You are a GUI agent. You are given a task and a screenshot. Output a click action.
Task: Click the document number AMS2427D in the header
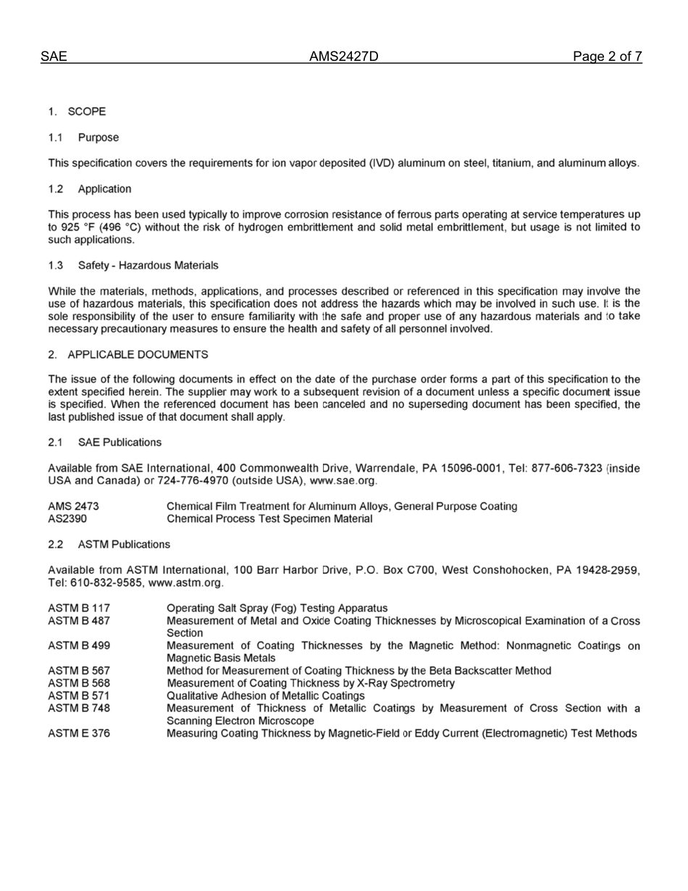tap(343, 57)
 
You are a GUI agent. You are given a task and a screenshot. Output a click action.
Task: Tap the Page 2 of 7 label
tap(607, 57)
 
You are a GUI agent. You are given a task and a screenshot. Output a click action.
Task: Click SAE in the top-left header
tap(54, 57)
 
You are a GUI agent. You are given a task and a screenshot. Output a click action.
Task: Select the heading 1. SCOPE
tap(77, 112)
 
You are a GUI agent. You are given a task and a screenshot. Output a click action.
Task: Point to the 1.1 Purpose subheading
tap(83, 138)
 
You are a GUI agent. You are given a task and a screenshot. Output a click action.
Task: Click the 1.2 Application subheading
tap(90, 189)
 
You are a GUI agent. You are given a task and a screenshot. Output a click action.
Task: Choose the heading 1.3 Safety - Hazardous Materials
tap(133, 266)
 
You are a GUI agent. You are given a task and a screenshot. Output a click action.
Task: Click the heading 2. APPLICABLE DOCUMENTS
tap(128, 355)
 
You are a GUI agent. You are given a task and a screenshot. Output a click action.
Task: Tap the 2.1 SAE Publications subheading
tap(105, 443)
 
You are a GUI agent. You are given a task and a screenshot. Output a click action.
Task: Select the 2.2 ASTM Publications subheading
tap(109, 544)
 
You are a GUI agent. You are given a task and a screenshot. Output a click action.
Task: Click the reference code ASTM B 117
tap(79, 608)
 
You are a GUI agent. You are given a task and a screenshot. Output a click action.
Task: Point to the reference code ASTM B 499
tap(79, 645)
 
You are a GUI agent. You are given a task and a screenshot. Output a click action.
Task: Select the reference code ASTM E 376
tap(79, 734)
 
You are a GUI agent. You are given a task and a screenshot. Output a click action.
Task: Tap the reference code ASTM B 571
tap(79, 695)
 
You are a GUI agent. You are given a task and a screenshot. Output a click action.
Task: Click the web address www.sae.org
tap(343, 481)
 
